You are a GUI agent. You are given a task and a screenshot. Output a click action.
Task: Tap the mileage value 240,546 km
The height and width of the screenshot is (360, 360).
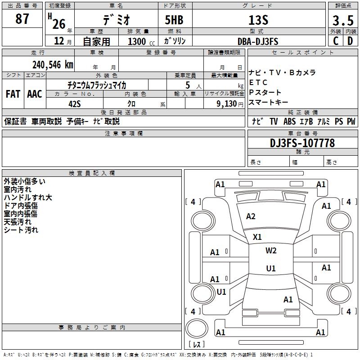[x=53, y=64]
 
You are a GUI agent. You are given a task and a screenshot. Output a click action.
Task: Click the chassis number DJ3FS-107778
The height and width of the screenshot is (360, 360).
[x=302, y=143]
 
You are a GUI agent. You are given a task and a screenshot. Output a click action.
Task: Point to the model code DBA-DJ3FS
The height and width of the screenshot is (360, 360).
[x=258, y=41]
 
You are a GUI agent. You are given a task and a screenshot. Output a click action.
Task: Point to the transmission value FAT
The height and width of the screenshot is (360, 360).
[x=13, y=94]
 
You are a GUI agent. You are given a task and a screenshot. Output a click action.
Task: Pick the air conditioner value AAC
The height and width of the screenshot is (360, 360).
[x=35, y=94]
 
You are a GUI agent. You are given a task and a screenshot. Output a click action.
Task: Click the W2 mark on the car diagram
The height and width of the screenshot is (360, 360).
[x=271, y=251]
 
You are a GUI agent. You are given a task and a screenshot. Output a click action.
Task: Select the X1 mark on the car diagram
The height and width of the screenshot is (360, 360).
[x=257, y=237]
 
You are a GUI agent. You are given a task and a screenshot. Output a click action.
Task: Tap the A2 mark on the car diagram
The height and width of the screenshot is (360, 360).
[x=251, y=216]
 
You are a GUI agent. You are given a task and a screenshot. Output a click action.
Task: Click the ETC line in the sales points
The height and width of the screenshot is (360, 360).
[x=258, y=82]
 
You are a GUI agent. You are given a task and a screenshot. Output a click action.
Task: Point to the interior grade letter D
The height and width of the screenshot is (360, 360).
[x=350, y=41]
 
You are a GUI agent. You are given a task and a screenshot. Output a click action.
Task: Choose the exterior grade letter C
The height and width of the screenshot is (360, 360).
[x=335, y=41]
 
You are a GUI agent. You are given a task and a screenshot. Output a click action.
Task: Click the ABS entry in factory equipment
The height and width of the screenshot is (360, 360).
[x=289, y=121]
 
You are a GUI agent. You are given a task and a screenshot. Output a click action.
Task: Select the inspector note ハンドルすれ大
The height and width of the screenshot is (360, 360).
[x=28, y=198]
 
